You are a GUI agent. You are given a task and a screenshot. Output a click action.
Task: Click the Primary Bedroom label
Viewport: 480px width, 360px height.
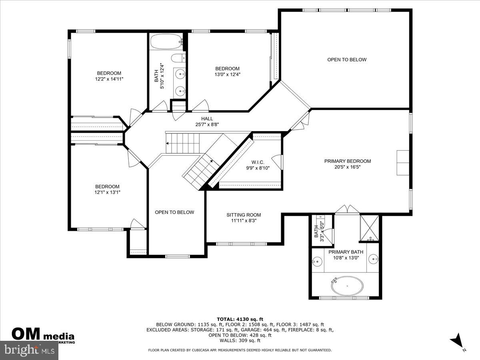pyautogui.click(x=347, y=161)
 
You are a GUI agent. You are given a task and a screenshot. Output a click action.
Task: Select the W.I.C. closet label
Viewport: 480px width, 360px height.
pyautogui.click(x=258, y=162)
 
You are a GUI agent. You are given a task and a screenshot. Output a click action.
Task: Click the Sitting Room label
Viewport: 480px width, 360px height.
pyautogui.click(x=243, y=215)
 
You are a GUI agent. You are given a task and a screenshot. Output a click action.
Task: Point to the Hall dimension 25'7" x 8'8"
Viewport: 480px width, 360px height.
pyautogui.click(x=207, y=124)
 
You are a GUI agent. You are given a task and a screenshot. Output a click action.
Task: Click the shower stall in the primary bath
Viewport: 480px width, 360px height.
pyautogui.click(x=369, y=228)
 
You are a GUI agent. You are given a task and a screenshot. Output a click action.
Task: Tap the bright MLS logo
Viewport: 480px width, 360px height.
pyautogui.click(x=29, y=351)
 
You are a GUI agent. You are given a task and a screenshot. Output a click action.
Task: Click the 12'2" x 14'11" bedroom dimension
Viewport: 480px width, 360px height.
pyautogui.click(x=109, y=79)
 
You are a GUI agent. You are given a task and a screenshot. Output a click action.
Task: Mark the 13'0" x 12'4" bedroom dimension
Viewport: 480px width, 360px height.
pyautogui.click(x=227, y=74)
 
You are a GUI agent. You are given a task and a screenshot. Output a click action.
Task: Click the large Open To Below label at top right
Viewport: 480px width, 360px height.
pyautogui.click(x=346, y=60)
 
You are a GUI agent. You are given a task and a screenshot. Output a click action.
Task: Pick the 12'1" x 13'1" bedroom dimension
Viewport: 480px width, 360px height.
pyautogui.click(x=107, y=192)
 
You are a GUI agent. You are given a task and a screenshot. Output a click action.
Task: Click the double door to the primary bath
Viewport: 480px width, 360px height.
pyautogui.click(x=346, y=210)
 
